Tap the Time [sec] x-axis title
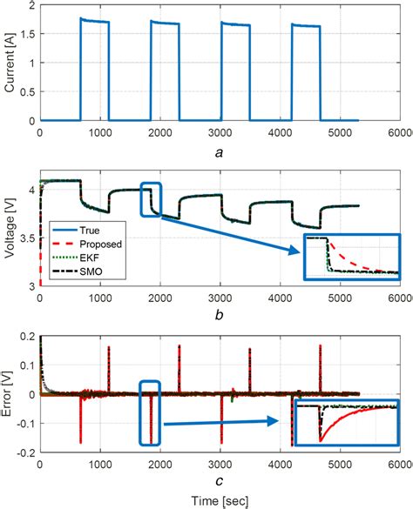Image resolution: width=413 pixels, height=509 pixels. pyautogui.click(x=222, y=499)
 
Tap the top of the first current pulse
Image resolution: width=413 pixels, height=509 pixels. pyautogui.click(x=94, y=21)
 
